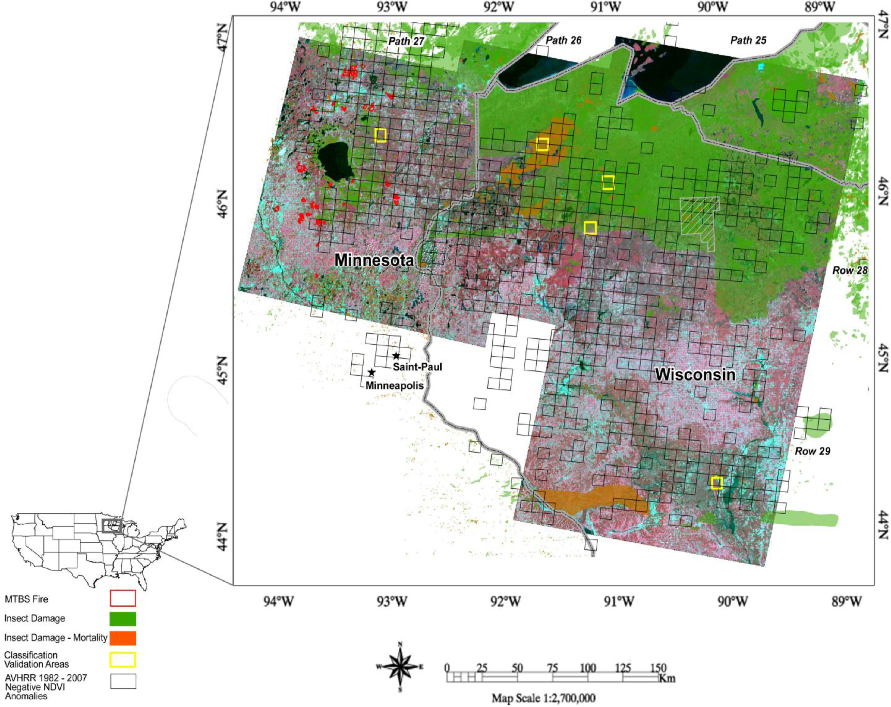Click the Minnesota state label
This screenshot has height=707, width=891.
tap(374, 260)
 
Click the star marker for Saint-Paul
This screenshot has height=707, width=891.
tap(396, 356)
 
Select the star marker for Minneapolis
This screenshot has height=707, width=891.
tap(371, 373)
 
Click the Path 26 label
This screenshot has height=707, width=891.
tap(563, 40)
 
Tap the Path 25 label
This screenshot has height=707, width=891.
tap(748, 40)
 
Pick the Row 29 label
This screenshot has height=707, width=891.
tap(813, 451)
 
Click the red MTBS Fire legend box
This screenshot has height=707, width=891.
tap(123, 598)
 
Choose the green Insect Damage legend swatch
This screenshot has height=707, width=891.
tap(123, 619)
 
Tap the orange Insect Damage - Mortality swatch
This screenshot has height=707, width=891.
tap(123, 638)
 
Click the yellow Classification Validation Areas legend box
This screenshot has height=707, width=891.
tap(123, 659)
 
